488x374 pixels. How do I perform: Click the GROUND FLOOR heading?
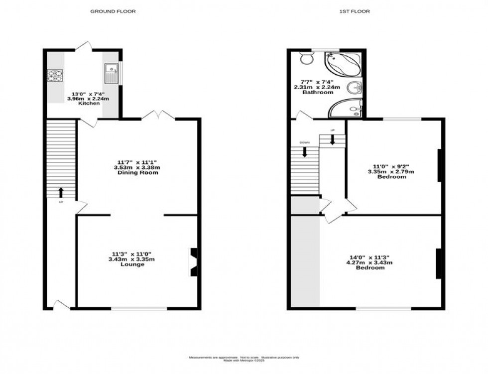tap(113, 11)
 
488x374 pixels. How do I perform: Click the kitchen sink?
tap(111, 74)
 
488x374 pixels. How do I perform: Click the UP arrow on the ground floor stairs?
tap(61, 192)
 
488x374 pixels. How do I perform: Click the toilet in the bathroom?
tap(307, 59)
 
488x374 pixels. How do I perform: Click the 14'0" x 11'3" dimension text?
tap(369, 257)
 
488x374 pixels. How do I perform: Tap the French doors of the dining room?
tap(158, 116)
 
